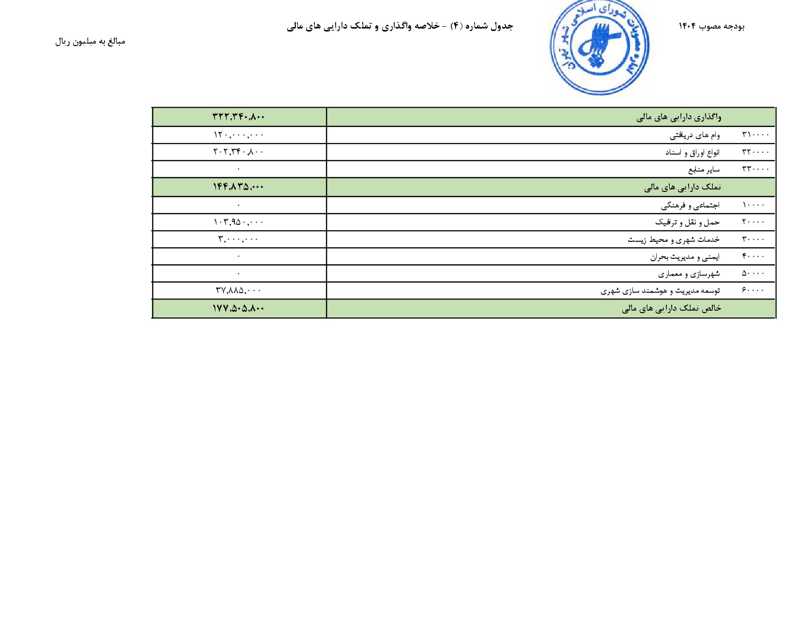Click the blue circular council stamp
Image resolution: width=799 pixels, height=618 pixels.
599,48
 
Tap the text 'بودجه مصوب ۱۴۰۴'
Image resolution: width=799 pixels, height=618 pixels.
711,26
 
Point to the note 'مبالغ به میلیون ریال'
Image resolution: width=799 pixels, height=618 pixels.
90,42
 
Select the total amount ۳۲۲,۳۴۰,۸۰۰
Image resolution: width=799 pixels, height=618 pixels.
239,117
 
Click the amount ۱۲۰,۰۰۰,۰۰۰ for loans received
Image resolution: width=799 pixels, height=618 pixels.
239,135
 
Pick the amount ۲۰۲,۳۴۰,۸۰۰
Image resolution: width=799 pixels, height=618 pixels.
239,152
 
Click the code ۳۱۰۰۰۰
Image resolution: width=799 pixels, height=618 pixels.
755,135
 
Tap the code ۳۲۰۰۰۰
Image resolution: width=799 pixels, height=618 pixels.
755,152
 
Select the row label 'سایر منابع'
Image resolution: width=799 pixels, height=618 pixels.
704,170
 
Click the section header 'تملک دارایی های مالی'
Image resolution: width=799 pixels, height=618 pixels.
682,187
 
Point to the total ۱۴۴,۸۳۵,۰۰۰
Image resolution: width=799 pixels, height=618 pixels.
239,187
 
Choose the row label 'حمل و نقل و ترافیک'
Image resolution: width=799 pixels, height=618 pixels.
687,222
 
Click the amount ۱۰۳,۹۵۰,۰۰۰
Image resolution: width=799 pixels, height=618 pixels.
239,222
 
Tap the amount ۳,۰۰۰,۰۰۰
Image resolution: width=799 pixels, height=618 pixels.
239,239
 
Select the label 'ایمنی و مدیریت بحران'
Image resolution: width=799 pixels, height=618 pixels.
685,257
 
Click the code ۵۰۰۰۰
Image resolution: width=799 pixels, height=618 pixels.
753,273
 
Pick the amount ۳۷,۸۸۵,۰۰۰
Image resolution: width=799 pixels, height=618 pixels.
239,290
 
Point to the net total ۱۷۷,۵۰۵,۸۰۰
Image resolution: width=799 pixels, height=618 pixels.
239,308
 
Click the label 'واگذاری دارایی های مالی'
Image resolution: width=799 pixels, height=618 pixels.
678,117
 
